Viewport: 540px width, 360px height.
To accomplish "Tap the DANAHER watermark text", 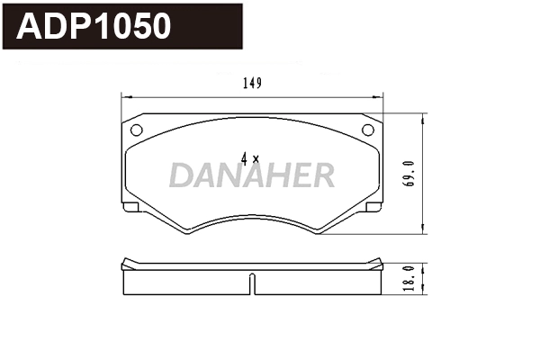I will coord(252,175).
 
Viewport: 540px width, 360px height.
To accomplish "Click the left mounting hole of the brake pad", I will coord(137,130).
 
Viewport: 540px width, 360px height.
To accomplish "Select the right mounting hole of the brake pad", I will coord(367,130).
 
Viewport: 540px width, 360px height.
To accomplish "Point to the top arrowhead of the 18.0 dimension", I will coord(422,262).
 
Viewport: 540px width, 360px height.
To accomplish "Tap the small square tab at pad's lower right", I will coord(373,208).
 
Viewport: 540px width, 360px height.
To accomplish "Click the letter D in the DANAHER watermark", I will coord(180,175).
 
